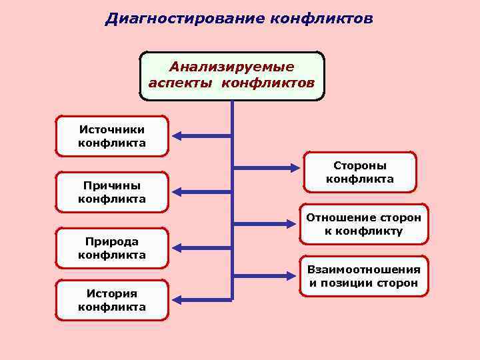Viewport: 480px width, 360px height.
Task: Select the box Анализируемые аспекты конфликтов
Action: tap(231, 76)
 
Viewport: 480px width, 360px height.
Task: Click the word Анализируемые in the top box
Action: tap(231, 67)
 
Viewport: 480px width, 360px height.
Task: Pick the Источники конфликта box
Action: tap(112, 137)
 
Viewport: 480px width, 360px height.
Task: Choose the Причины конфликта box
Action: tap(112, 192)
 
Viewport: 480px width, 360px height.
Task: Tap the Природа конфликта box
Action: tap(112, 248)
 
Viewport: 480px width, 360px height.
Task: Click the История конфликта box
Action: tap(112, 300)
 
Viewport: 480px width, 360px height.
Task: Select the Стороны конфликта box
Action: tap(359, 172)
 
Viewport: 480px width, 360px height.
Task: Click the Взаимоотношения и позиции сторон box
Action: tap(363, 277)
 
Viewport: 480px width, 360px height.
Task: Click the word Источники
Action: tap(112, 129)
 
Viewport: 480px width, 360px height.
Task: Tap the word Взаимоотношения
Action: tap(363, 269)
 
